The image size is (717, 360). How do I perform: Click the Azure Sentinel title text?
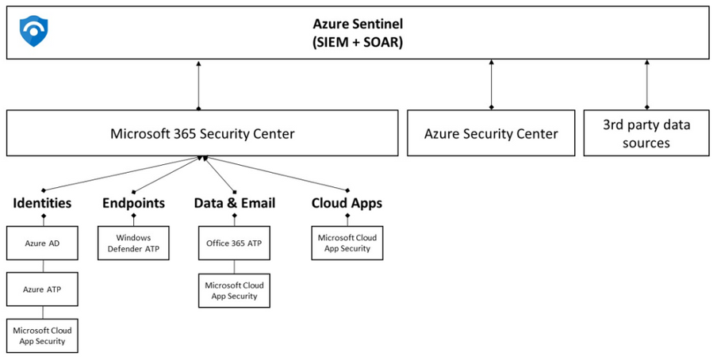(x=357, y=25)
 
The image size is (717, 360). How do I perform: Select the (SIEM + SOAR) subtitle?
(x=357, y=42)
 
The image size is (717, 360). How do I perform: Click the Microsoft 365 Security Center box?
(x=202, y=133)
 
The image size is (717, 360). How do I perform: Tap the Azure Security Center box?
(x=491, y=133)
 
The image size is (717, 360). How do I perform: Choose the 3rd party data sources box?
(x=646, y=133)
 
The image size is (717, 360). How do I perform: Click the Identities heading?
(x=42, y=203)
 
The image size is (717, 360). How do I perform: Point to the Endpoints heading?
(x=133, y=203)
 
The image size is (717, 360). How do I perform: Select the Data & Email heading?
(x=235, y=203)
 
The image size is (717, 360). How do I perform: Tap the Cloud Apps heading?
(x=347, y=203)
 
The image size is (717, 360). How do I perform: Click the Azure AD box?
(x=43, y=243)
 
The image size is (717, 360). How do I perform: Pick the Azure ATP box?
(x=43, y=289)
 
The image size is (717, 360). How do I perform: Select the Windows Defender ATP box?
(x=133, y=243)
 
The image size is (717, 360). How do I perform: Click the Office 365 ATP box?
(x=235, y=243)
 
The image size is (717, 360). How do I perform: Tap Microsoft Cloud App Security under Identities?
(x=43, y=335)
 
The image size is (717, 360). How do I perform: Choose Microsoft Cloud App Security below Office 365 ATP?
(x=235, y=290)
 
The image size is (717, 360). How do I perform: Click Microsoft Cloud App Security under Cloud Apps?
(x=347, y=243)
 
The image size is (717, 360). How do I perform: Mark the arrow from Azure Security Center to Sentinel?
(x=491, y=84)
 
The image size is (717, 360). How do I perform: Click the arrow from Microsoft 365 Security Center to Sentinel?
(x=198, y=84)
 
